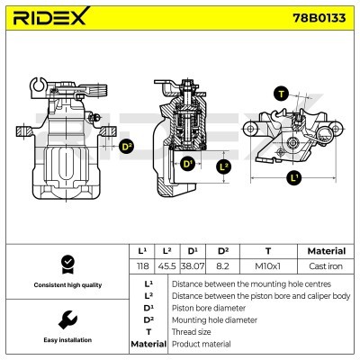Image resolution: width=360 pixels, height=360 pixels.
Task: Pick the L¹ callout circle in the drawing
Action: [x=294, y=179]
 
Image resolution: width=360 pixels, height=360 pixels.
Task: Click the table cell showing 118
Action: [x=141, y=265]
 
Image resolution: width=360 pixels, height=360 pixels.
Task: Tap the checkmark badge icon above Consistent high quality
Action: [x=65, y=263]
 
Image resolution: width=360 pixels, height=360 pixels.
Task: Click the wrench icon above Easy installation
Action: [x=65, y=319]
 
